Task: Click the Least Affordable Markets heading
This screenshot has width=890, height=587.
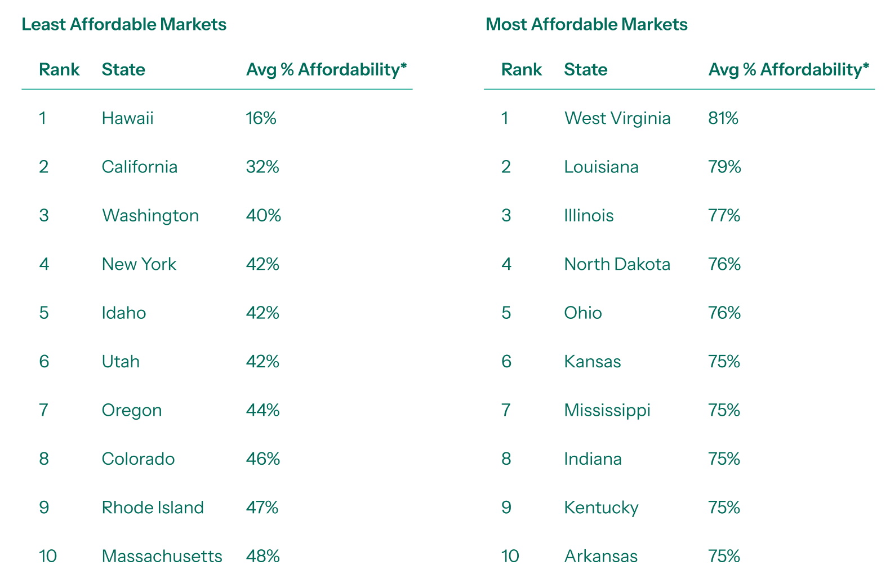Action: tap(124, 25)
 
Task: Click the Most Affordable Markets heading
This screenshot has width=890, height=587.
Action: tap(586, 25)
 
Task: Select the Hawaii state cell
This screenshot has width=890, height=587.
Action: tap(128, 118)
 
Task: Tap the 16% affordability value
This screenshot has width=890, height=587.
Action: tap(261, 118)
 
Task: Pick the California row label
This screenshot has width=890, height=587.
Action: tap(140, 167)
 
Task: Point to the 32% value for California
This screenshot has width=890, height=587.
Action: tap(262, 167)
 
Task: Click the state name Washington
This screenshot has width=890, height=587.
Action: tap(150, 216)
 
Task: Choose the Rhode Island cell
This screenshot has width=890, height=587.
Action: tap(153, 508)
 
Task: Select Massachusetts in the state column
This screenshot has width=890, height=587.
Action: tap(162, 557)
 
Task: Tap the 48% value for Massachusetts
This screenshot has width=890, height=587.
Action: tap(263, 557)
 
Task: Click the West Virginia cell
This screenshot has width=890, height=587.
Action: tap(617, 118)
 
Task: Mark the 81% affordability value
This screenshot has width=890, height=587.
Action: tap(723, 118)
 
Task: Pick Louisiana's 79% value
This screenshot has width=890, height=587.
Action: tap(725, 167)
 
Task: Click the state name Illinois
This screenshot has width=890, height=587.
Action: tap(589, 216)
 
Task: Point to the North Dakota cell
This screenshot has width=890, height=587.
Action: tap(617, 264)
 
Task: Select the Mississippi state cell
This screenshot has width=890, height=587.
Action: tap(607, 410)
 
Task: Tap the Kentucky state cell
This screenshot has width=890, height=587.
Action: tap(602, 508)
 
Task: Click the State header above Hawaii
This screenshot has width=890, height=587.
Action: tap(123, 70)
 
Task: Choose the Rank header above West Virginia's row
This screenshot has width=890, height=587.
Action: tap(522, 70)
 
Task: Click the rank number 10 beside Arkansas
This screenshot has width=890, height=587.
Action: tap(510, 557)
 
